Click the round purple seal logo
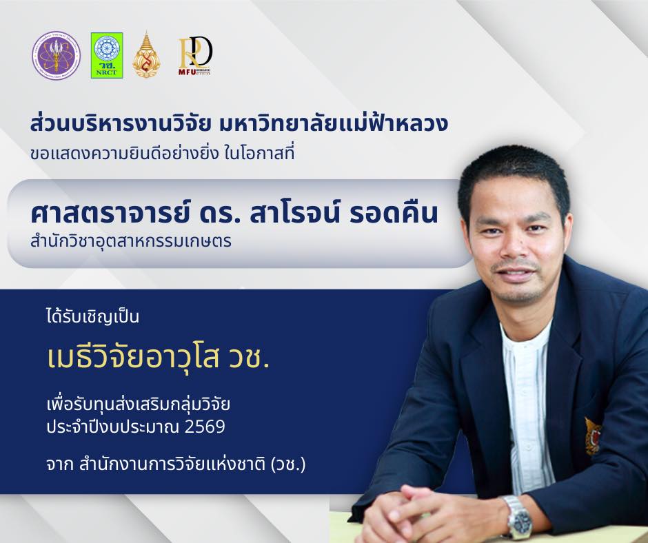(56, 55)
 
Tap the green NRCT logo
(107, 55)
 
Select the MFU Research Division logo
(195, 55)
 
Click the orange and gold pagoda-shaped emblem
(146, 55)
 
